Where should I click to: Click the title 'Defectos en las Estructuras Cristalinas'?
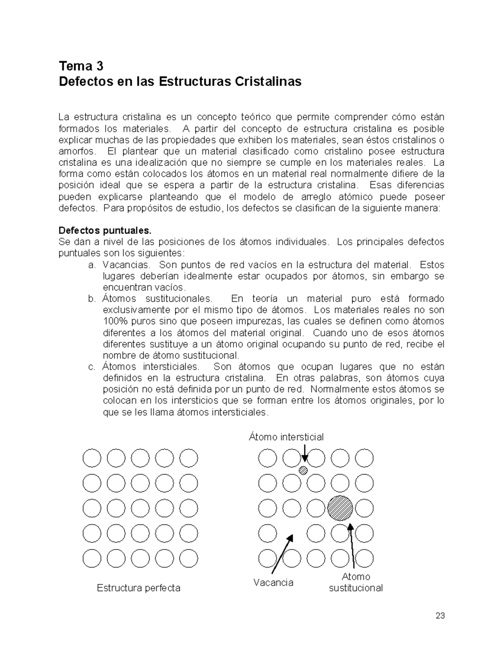pyautogui.click(x=180, y=81)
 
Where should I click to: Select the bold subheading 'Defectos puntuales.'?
pyautogui.click(x=105, y=231)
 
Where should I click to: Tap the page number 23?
pyautogui.click(x=440, y=616)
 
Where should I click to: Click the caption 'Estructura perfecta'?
pyautogui.click(x=138, y=588)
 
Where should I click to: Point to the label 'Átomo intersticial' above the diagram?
pyautogui.click(x=286, y=437)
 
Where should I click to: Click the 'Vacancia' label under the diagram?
pyautogui.click(x=273, y=582)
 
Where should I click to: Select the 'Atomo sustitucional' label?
pyautogui.click(x=355, y=582)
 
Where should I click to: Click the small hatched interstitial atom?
pyautogui.click(x=303, y=470)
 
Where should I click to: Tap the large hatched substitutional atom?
pyautogui.click(x=340, y=508)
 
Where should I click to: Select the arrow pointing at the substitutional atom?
pyautogui.click(x=352, y=545)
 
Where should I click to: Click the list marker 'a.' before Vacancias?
pyautogui.click(x=92, y=265)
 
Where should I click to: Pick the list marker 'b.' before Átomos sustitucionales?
pyautogui.click(x=92, y=299)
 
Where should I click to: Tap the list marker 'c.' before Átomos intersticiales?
pyautogui.click(x=92, y=367)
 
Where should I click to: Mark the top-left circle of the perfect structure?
pyautogui.click(x=92, y=458)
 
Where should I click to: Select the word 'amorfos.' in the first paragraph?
pyautogui.click(x=77, y=151)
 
